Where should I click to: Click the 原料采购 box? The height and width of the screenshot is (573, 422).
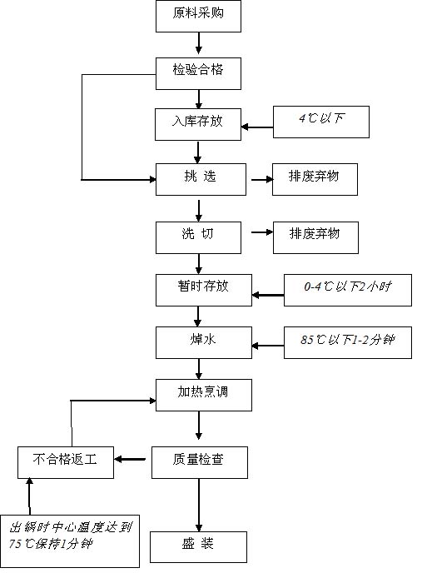pyautogui.click(x=198, y=16)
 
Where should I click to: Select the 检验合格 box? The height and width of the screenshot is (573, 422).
pyautogui.click(x=198, y=73)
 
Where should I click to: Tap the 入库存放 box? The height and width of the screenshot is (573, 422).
pyautogui.click(x=198, y=124)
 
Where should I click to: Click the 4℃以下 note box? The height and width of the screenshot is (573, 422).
pyautogui.click(x=321, y=122)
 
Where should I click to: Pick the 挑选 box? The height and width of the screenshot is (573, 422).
pyautogui.click(x=201, y=179)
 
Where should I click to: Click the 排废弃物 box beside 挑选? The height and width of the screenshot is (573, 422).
pyautogui.click(x=315, y=179)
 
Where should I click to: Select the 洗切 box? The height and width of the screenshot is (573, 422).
pyautogui.click(x=198, y=237)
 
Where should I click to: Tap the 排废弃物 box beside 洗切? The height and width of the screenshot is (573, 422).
pyautogui.click(x=315, y=237)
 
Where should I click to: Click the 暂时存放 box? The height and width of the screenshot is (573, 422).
pyautogui.click(x=204, y=290)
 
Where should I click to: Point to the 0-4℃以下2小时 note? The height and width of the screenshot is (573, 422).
pyautogui.click(x=348, y=290)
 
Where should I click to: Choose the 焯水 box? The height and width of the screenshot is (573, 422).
pyautogui.click(x=204, y=343)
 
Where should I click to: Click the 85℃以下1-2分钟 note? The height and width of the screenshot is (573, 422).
pyautogui.click(x=348, y=343)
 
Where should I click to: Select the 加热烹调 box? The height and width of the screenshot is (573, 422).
pyautogui.click(x=204, y=395)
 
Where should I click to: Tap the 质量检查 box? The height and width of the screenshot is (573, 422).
pyautogui.click(x=200, y=462)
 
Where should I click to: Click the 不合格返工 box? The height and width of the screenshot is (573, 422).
pyautogui.click(x=66, y=462)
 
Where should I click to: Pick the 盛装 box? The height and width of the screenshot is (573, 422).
pyautogui.click(x=198, y=547)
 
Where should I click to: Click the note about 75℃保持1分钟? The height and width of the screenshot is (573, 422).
pyautogui.click(x=69, y=541)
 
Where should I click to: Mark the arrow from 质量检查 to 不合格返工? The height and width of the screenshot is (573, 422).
pyautogui.click(x=130, y=460)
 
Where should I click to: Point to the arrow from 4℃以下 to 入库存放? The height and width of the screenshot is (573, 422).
pyautogui.click(x=257, y=127)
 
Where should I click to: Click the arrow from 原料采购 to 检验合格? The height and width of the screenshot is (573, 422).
pyautogui.click(x=199, y=43)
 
